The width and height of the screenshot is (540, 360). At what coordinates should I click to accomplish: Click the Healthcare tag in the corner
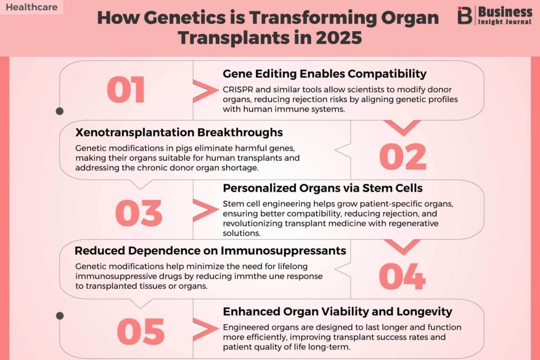(31, 7)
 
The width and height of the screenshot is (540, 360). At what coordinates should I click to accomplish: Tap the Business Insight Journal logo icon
(465, 15)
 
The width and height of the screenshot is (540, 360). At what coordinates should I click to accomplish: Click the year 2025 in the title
(339, 37)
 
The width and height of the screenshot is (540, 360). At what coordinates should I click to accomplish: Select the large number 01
(126, 90)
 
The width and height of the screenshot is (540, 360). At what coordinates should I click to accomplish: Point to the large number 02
(402, 157)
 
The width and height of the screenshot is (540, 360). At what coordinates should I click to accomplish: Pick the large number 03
(139, 213)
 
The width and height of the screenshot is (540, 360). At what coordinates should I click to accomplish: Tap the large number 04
(402, 276)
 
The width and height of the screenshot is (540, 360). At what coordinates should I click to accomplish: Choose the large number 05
(140, 332)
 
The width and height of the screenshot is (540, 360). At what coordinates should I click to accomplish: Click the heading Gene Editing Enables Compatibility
(324, 74)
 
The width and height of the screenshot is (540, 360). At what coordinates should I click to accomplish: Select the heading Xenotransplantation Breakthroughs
(179, 132)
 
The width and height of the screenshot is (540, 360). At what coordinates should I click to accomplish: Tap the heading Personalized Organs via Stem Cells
(323, 188)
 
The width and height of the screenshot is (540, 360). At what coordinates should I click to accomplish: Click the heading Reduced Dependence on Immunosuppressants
(210, 250)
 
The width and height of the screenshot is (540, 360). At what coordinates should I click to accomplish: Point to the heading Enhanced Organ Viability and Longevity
(337, 312)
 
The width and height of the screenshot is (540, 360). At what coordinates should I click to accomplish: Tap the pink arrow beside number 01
(205, 91)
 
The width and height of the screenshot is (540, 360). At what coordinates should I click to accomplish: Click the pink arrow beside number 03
(205, 210)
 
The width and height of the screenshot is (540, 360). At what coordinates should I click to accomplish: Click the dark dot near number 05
(60, 316)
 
